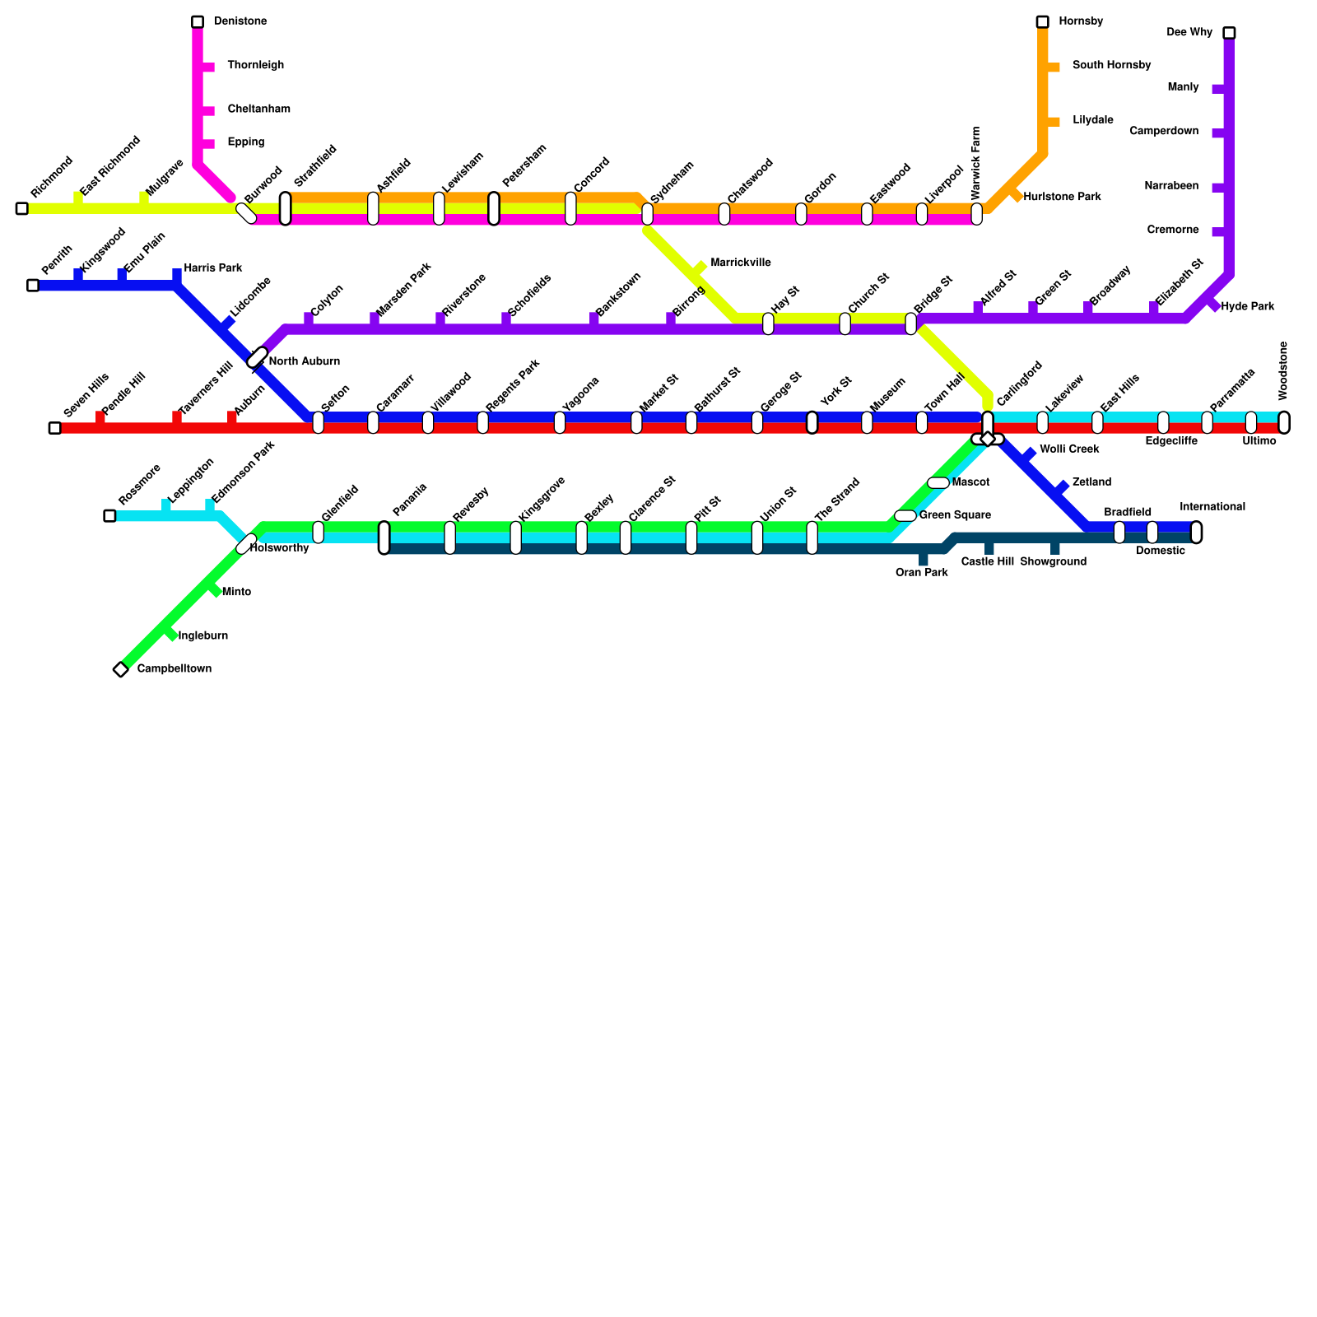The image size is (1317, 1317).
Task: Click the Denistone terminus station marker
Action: tap(198, 21)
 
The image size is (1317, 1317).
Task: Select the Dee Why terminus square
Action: tap(1229, 33)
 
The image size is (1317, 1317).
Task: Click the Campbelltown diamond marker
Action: tap(121, 669)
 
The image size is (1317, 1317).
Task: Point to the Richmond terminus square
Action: tap(21, 208)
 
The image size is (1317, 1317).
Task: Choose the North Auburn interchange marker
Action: tap(258, 357)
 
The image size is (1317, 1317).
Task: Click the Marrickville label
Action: tap(740, 263)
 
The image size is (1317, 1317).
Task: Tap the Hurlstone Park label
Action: tap(1062, 198)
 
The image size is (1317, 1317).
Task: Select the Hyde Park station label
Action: tap(1247, 307)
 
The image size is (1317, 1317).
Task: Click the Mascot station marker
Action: tap(938, 482)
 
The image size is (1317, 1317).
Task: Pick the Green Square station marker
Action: tap(905, 515)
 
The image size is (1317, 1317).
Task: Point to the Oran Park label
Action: tap(922, 573)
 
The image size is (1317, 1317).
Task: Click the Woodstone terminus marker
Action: tap(1284, 422)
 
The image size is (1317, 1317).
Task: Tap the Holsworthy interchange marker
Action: tap(246, 543)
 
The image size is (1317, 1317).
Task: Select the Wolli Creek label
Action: tap(1069, 449)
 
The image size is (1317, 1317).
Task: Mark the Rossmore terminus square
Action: tap(109, 515)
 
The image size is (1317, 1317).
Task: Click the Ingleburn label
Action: tap(202, 636)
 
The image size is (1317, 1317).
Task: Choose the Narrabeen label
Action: tap(1171, 187)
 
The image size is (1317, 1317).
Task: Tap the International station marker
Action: tap(1196, 533)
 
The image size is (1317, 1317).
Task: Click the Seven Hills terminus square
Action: tap(54, 428)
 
